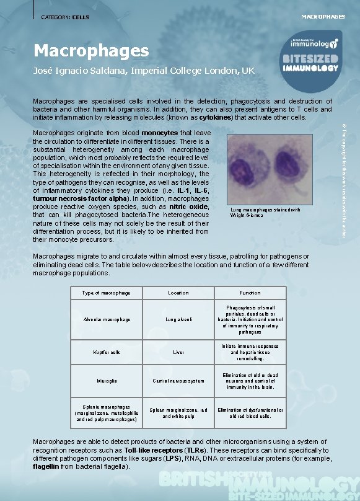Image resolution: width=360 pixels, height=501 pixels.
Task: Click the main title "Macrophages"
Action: pos(91,50)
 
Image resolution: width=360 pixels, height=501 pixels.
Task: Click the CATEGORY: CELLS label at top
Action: pos(64,17)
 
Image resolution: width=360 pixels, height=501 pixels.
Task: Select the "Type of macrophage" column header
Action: pos(107,293)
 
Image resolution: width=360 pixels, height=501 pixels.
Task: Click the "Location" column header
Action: pos(178,293)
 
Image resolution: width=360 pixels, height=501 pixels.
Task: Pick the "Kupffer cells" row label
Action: pos(107,352)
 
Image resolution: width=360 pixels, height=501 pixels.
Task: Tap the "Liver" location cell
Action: pos(178,352)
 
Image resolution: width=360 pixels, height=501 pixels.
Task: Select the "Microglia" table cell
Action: pos(107,381)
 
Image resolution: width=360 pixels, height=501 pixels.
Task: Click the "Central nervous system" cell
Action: pos(178,381)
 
